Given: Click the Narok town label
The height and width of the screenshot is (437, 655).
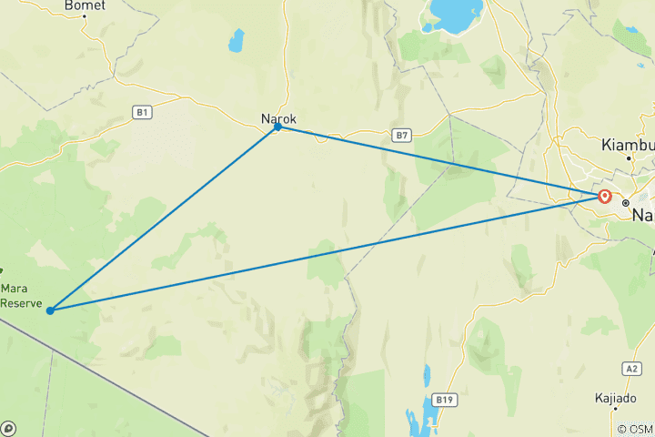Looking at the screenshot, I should [x=278, y=118].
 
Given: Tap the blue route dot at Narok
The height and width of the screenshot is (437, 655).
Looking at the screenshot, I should [x=277, y=127].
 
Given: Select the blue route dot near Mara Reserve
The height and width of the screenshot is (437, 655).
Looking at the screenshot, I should [x=50, y=310].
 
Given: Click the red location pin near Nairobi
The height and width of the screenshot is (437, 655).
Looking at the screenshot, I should [x=604, y=196].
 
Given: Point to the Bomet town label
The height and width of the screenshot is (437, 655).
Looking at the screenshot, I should [x=85, y=5].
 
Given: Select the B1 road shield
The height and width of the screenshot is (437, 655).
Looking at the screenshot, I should [x=141, y=112].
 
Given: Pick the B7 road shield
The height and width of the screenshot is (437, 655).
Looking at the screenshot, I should [x=403, y=135].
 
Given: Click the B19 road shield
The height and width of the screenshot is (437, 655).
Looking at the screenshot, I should [x=444, y=399].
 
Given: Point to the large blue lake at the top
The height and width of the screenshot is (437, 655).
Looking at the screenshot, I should [x=456, y=15].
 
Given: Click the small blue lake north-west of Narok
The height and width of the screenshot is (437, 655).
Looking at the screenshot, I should [x=237, y=40].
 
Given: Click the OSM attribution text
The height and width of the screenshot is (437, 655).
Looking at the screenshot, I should [x=637, y=429].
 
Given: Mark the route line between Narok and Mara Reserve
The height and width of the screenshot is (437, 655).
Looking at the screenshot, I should [x=164, y=218].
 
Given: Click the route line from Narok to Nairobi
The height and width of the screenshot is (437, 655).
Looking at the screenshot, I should [x=437, y=161].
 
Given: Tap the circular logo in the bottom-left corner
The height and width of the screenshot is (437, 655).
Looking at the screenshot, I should [x=8, y=428].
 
